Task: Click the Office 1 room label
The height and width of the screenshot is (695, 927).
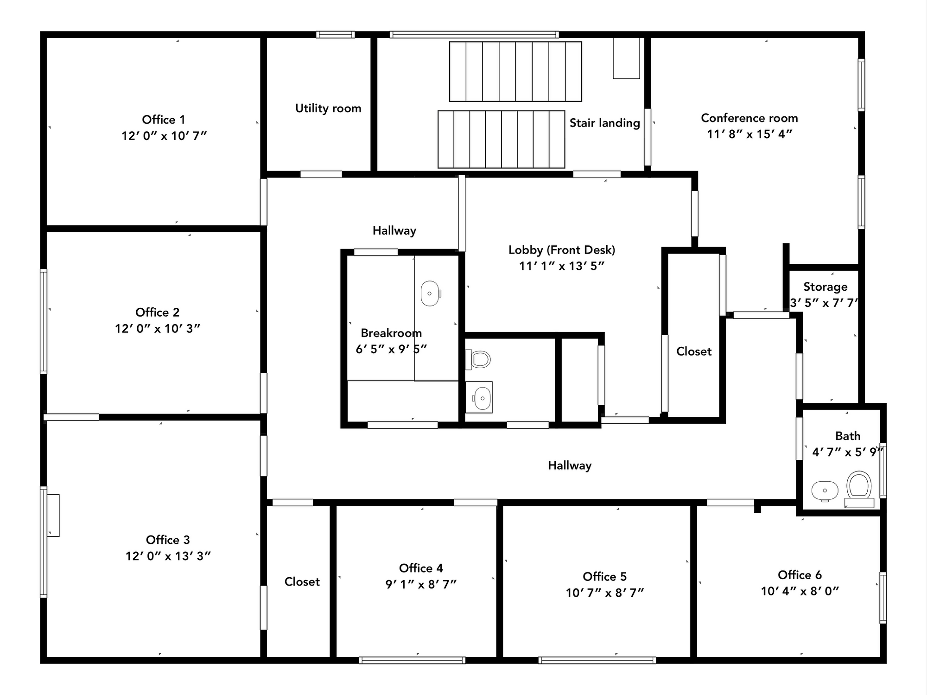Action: pos(164,120)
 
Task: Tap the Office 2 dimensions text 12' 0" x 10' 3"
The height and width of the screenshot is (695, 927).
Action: pos(158,329)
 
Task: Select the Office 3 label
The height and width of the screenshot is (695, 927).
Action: pos(168,540)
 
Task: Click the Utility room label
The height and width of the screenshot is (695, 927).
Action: pos(328,108)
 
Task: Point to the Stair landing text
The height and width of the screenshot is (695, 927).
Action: pos(604,123)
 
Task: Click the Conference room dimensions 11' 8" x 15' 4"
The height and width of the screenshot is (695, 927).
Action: pos(749,134)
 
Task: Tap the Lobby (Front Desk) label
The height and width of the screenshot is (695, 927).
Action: pos(562,250)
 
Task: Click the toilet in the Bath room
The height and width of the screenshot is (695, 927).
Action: pos(859,489)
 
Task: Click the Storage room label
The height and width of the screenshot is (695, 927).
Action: pos(825,287)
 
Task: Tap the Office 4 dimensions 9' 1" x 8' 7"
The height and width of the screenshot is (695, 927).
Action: pos(421,584)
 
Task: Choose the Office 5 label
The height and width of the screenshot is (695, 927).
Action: pos(604,576)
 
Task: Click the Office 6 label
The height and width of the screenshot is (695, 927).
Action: pos(800,575)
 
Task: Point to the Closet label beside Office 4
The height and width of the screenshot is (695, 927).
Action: pos(302,582)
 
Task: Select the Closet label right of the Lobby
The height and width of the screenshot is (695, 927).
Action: pos(694,351)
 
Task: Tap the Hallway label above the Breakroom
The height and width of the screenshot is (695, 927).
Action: pos(394,230)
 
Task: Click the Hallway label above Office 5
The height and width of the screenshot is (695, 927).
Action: pos(570,465)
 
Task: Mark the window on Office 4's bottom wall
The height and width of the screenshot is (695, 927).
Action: pos(412,660)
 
